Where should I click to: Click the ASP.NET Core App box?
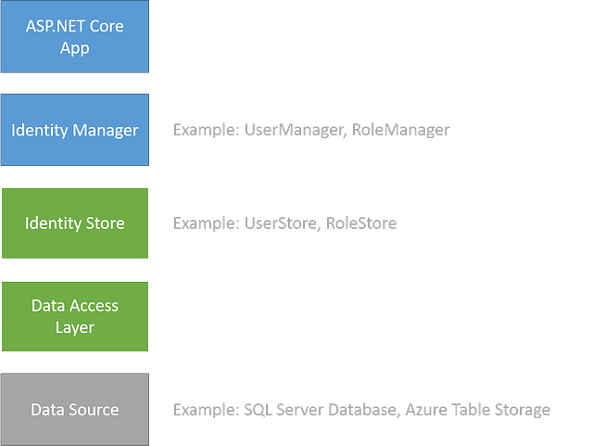click(74, 36)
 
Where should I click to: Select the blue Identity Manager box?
click(74, 130)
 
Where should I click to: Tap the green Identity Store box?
click(74, 223)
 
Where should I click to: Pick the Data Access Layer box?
click(74, 316)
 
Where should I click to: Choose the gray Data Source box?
click(74, 410)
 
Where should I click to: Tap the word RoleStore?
click(361, 223)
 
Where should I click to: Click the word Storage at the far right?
click(521, 410)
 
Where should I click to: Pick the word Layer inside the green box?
click(74, 327)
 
